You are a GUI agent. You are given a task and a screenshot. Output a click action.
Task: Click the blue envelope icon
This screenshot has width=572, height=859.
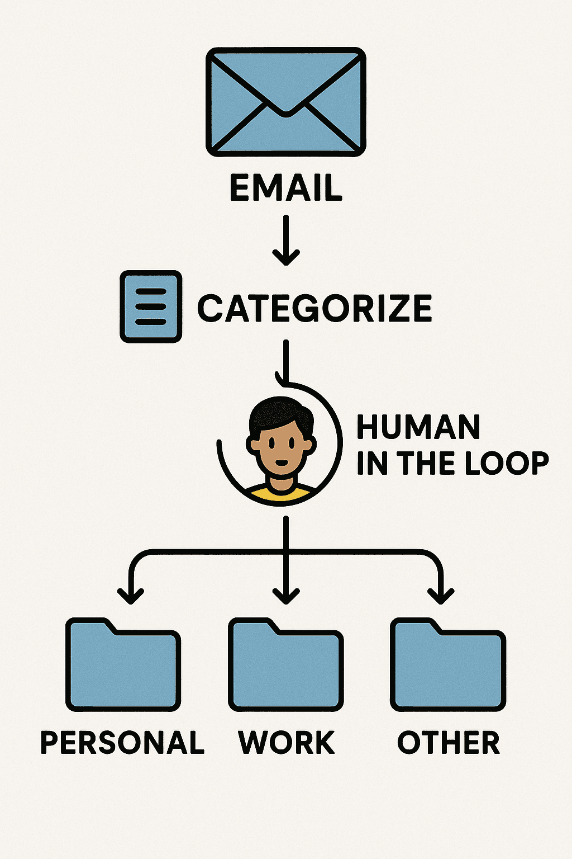(286, 102)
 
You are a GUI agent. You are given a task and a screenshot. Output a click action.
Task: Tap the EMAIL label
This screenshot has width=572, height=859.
(286, 188)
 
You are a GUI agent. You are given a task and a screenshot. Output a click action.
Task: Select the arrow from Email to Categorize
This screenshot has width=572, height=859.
(286, 240)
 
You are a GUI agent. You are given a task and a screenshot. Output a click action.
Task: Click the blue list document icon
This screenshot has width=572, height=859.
(151, 306)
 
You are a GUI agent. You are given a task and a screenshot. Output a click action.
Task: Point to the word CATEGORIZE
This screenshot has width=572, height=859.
(315, 308)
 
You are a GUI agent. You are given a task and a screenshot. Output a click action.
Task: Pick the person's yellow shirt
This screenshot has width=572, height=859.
(280, 493)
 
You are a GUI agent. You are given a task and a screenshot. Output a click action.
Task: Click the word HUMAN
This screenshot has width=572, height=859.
(418, 428)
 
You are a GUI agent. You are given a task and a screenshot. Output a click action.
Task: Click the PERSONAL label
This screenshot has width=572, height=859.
(122, 743)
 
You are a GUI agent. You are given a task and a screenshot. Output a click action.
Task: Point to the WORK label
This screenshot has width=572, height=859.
(287, 743)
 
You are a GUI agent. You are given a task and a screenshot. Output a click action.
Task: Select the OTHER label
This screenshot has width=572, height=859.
(449, 743)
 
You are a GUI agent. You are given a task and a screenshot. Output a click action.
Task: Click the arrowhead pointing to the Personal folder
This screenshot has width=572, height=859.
(131, 596)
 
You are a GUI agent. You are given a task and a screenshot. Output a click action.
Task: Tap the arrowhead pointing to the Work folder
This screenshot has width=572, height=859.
(286, 596)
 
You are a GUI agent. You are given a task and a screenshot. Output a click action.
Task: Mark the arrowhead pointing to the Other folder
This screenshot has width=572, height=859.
(441, 596)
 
